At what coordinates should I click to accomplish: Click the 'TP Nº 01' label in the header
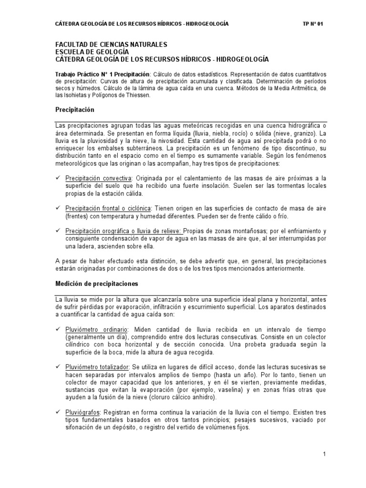pos(313,24)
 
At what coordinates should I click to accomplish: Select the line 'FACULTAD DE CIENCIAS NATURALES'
pos(112,44)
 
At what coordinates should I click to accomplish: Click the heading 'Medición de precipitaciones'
pos(97,284)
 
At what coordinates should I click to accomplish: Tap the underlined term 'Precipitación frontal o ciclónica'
pos(109,208)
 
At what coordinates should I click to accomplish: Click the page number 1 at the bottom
pos(324,455)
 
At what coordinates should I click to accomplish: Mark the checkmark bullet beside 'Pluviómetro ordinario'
pos(58,329)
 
